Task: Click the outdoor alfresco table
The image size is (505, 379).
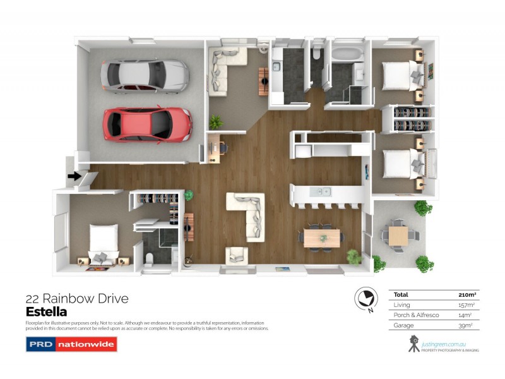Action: (398, 236)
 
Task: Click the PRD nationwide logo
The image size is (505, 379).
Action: (71, 344)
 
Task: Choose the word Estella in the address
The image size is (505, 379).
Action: (46, 311)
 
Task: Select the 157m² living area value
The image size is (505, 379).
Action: (466, 305)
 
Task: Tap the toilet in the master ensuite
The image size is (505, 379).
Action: (150, 260)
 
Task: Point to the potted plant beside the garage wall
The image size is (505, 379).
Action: (217, 121)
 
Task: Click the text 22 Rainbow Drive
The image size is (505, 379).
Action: (76, 299)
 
